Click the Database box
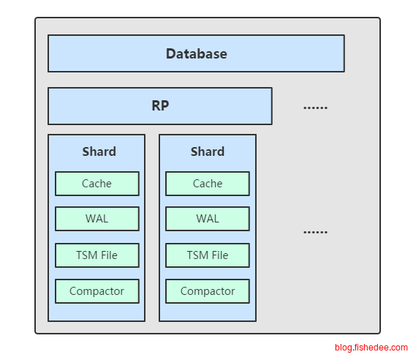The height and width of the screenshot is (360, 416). pos(197,53)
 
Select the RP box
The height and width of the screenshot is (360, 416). pos(160,106)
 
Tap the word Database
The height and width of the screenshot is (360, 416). pos(197,53)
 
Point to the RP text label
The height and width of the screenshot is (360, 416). pos(160,105)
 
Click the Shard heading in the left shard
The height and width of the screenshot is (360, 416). pos(99,151)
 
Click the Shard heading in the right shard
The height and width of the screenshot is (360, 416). pos(208,151)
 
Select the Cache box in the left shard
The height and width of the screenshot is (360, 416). pos(97,184)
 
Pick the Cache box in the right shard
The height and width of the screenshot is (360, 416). pos(208,184)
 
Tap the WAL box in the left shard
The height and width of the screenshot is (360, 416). pos(97,219)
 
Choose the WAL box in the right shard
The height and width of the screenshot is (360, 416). pos(208,219)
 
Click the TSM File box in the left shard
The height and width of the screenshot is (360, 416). pos(97,255)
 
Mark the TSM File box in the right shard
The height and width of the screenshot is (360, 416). pos(208,255)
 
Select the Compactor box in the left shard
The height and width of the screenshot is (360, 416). pos(97,291)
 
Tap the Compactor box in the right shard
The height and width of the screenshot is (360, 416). pos(208,291)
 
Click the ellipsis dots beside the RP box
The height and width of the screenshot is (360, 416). pos(315,108)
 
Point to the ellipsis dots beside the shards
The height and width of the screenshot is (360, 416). pos(315,232)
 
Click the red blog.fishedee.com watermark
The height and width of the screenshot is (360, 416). pos(371,348)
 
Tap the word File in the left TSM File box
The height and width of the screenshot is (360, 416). pos(109,255)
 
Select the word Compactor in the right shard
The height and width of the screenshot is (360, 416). pos(208,291)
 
